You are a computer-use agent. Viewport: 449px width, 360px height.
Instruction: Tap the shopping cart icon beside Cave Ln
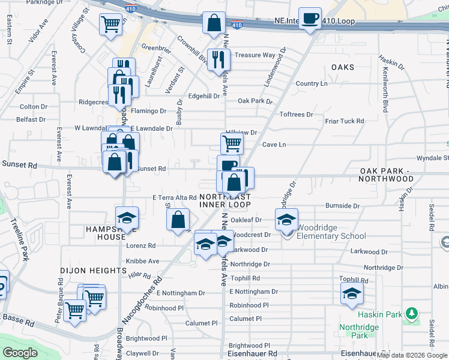click(x=232, y=143)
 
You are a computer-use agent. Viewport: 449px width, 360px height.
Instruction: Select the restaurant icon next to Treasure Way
click(x=218, y=59)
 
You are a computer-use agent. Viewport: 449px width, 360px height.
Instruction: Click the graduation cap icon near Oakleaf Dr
click(x=287, y=220)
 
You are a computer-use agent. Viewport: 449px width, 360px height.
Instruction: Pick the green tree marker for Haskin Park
click(x=411, y=314)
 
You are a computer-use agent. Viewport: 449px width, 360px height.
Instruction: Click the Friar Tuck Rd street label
click(x=344, y=121)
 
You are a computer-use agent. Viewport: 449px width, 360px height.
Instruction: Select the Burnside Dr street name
click(x=342, y=206)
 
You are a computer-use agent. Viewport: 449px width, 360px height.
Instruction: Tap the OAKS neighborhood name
click(x=342, y=67)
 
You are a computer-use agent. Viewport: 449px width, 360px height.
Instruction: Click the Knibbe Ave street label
click(x=142, y=261)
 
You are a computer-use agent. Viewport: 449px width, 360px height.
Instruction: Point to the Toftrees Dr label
click(x=297, y=114)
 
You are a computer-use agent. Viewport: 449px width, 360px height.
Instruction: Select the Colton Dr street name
click(x=33, y=107)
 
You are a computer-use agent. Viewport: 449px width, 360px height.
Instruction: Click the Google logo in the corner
click(x=20, y=353)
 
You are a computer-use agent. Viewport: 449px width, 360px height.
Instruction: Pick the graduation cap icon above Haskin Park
click(x=352, y=293)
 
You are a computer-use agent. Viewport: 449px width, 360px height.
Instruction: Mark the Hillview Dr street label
click(x=243, y=133)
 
